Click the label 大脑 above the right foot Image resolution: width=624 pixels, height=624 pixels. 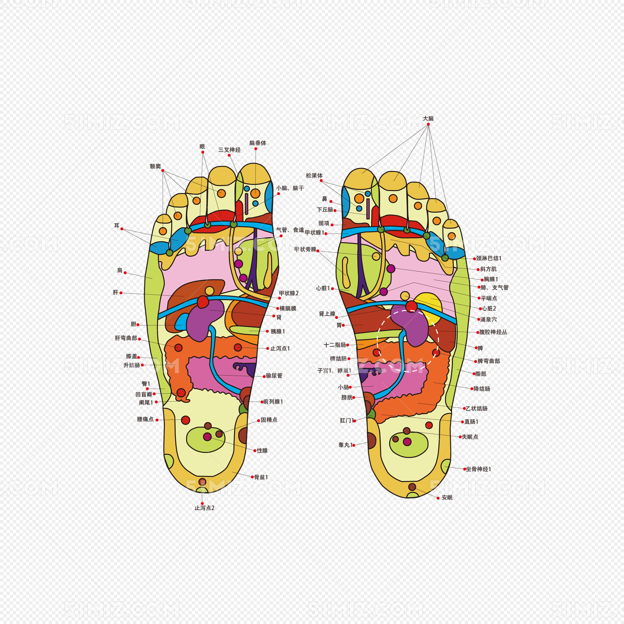pos(428,119)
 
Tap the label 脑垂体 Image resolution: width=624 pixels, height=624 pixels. pos(258,143)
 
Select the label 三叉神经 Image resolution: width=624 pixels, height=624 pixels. pos(229,150)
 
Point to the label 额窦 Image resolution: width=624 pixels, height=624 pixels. pos(155,166)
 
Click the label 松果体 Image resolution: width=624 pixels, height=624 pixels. pos(314,175)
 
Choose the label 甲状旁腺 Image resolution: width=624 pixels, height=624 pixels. pos(305,249)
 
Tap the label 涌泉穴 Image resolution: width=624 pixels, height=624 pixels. pos(488,319)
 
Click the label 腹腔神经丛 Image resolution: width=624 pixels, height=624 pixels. pos(493,332)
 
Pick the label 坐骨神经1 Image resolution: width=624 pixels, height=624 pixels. pos(478,469)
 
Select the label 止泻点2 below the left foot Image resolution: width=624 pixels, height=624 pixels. pos(204,508)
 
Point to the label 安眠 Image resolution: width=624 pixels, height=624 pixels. pos(447,498)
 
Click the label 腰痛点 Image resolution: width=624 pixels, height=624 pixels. pos(145,419)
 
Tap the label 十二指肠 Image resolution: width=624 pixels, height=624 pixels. pos(335,345)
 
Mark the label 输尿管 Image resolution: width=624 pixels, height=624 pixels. pos(274,376)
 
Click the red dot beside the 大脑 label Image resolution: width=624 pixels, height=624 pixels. pos(428,124)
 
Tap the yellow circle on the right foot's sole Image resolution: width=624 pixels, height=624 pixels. pos(428,307)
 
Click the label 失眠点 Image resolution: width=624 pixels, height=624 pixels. pos(470,437)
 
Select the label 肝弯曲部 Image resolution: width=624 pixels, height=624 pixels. pos(126,338)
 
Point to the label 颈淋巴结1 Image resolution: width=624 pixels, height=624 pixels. pos(488,258)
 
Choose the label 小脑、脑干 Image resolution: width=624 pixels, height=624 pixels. pos(290,188)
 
